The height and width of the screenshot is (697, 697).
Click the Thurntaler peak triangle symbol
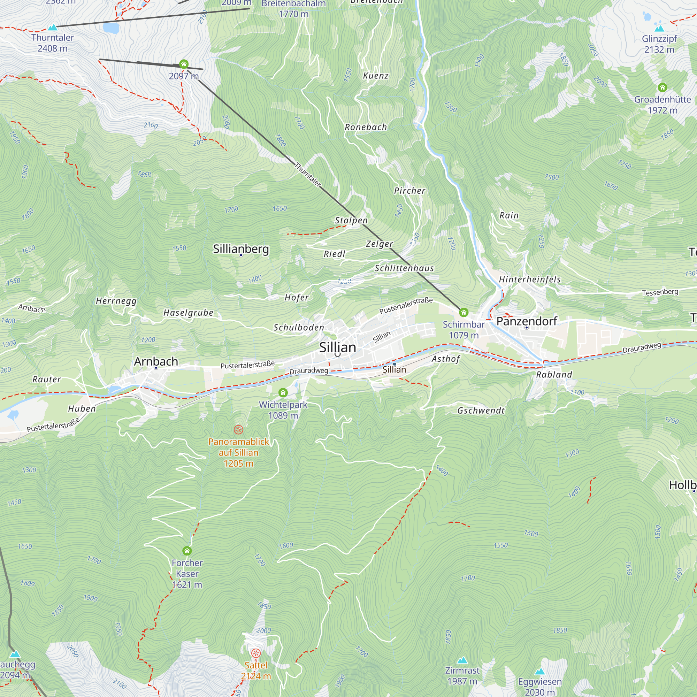[x=53, y=28]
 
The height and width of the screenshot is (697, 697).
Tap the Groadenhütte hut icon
[x=662, y=87]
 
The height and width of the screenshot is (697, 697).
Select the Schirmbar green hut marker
[x=464, y=312]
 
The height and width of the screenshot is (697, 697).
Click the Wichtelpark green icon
[x=283, y=392]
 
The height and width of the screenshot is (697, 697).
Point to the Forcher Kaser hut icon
[x=187, y=551]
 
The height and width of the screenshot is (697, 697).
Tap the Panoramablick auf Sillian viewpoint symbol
[x=238, y=429]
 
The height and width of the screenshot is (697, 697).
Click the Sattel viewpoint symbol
[x=256, y=653]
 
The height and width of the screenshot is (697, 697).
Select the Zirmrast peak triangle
[x=462, y=660]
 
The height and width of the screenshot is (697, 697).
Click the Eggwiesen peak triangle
[x=540, y=672]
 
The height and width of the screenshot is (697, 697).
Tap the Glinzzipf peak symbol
[x=659, y=28]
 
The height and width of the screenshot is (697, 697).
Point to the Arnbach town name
[x=156, y=361]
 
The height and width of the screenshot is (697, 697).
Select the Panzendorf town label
[x=526, y=321]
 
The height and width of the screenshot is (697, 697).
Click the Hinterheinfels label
[x=530, y=279]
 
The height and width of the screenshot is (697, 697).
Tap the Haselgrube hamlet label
[x=188, y=313]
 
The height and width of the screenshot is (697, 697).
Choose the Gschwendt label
[x=481, y=411]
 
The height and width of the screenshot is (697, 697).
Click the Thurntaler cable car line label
[x=307, y=175]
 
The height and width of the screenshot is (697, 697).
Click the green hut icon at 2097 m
[x=184, y=64]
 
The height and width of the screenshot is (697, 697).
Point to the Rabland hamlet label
[x=554, y=375]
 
